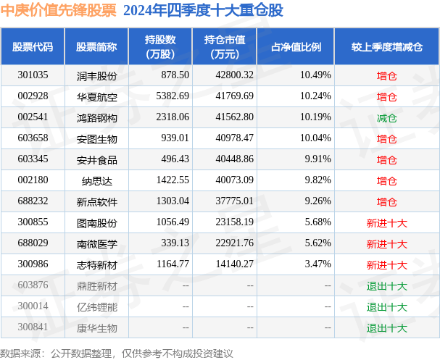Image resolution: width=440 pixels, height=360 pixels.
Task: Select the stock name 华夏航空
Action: pyautogui.click(x=96, y=96)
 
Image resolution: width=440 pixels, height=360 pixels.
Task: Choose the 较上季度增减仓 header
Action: pyautogui.click(x=386, y=47)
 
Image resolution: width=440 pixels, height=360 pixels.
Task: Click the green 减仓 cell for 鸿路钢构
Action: pyautogui.click(x=386, y=117)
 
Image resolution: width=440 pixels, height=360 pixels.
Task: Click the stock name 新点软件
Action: pyautogui.click(x=96, y=202)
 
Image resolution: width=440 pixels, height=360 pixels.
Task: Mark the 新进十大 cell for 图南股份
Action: pyautogui.click(x=386, y=223)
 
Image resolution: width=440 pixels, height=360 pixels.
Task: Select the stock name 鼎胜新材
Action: pyautogui.click(x=96, y=286)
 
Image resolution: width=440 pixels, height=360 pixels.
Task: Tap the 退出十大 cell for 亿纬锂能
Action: pyautogui.click(x=386, y=307)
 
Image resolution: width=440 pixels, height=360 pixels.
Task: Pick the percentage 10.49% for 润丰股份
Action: pyautogui.click(x=315, y=75)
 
